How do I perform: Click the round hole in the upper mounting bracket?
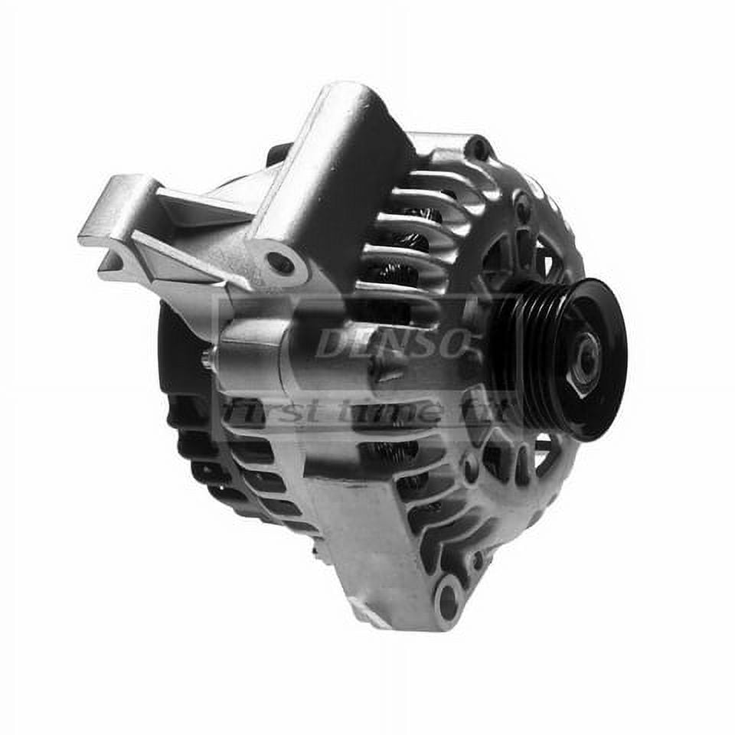click(280, 263)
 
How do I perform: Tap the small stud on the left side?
click(207, 358)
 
